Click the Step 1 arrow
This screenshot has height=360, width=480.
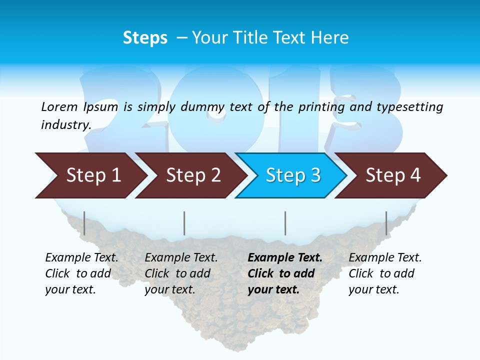(90, 175)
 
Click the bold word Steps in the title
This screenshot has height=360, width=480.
(145, 38)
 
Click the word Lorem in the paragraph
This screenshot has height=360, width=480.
(59, 107)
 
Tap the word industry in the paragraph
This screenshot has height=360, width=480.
(66, 125)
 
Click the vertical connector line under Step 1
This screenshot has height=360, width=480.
(84, 223)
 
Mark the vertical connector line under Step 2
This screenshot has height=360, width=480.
(184, 223)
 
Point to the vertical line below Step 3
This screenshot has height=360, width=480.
(285, 223)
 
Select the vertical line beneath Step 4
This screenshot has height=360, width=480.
(386, 223)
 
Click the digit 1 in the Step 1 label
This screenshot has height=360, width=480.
(115, 175)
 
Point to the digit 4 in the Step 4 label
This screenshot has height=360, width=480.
(415, 175)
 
